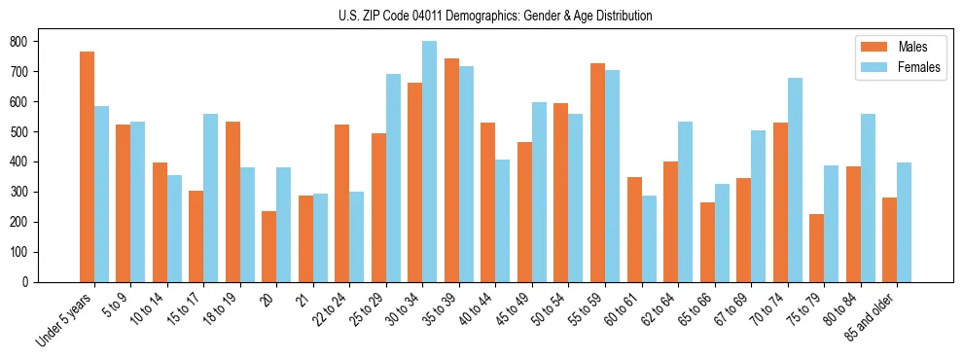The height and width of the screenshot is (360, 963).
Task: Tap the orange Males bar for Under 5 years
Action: (87, 166)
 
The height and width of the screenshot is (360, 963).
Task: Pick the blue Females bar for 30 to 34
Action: (429, 162)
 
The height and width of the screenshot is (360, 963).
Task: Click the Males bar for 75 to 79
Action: (817, 248)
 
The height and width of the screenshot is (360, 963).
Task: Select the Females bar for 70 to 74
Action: (795, 180)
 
